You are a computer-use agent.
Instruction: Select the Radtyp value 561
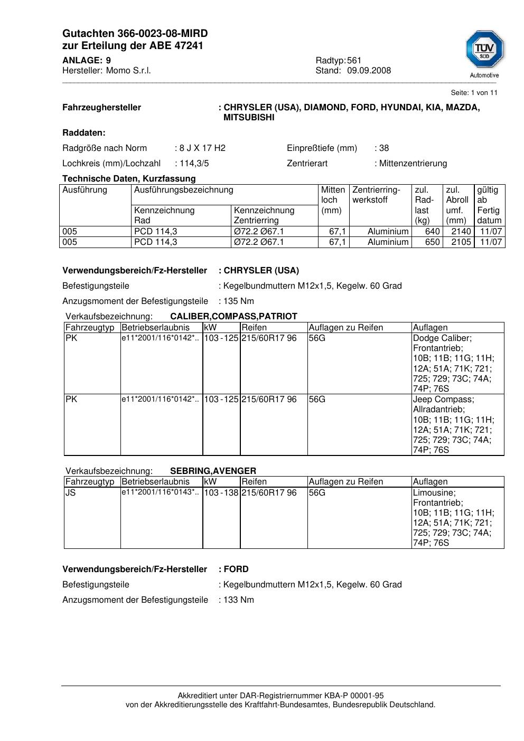354,61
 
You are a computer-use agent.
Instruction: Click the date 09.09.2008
369,71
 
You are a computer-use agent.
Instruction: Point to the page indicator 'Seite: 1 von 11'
474,93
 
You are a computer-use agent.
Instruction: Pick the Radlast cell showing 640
432,232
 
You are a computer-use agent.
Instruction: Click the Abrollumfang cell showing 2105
461,242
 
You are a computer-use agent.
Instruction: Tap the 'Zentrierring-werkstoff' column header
376,195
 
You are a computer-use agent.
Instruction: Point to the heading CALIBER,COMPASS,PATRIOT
233,317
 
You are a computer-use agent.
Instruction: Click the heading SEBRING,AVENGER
213,471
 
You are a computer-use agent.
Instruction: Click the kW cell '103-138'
221,493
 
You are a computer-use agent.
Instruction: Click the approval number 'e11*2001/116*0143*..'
160,492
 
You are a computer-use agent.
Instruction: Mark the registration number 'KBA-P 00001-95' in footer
355,696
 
